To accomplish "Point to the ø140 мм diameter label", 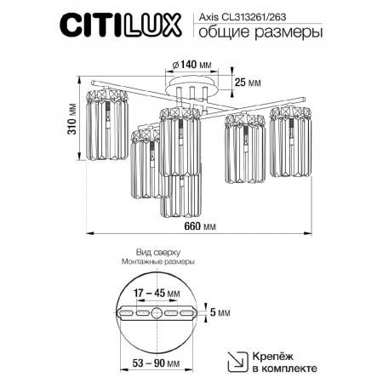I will click(191, 64).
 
